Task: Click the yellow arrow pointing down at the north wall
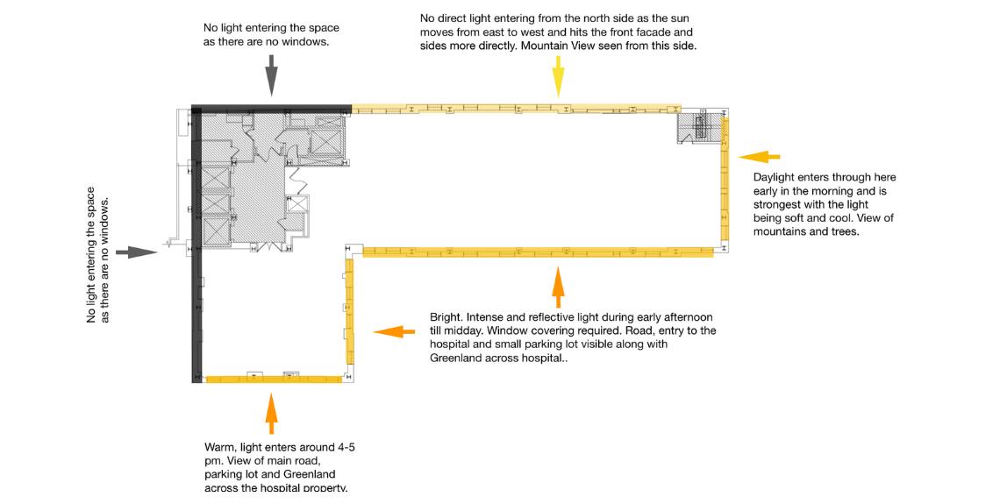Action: (x=559, y=76)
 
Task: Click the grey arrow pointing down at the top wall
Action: (x=272, y=75)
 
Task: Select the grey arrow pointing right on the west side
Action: (x=137, y=252)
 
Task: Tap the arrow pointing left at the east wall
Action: (x=759, y=156)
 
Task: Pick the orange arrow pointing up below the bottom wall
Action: (x=272, y=414)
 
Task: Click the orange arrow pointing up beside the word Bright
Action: (x=558, y=287)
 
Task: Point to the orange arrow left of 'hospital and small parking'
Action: (x=394, y=331)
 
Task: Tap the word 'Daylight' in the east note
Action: (x=775, y=178)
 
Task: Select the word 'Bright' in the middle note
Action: (x=444, y=317)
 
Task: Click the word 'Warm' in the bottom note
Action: (x=218, y=447)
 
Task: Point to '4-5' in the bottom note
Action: (x=346, y=447)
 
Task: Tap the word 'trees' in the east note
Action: (x=845, y=231)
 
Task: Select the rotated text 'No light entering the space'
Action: (x=91, y=255)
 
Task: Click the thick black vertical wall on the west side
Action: (x=196, y=245)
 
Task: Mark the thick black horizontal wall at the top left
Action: (x=272, y=109)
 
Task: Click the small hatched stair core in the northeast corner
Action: (x=698, y=126)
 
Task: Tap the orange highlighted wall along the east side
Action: (x=725, y=179)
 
